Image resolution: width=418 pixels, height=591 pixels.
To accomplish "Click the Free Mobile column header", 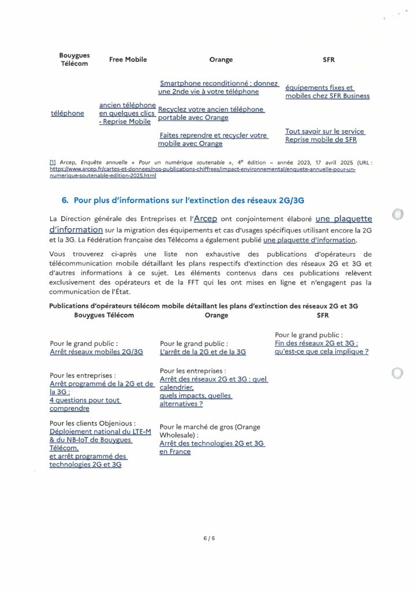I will coord(128,59).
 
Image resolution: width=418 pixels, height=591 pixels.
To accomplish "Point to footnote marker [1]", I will coord(53,163).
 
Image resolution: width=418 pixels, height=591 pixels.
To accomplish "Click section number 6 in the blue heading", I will coord(65,200).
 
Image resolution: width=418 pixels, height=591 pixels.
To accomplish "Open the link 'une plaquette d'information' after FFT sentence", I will coord(309,240).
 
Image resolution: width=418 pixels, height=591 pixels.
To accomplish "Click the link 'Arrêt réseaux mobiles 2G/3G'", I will coord(96,351).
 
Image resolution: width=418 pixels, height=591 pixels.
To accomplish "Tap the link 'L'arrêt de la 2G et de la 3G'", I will coord(203,351).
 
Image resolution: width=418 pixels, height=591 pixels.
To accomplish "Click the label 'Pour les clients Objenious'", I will coord(93,423).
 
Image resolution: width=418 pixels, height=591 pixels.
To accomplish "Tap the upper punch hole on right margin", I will coord(397,215).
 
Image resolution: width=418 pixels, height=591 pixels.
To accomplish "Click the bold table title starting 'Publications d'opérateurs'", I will coord(208,306).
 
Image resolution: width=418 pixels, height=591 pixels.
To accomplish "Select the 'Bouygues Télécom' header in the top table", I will coord(74,59).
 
